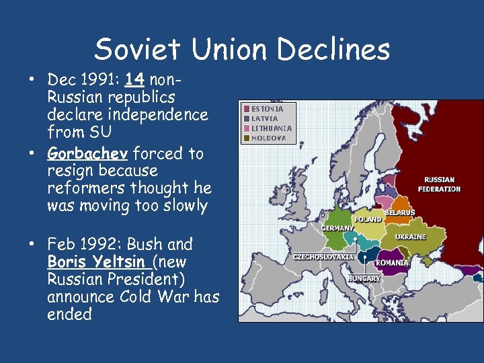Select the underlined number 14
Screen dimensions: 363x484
coord(134,80)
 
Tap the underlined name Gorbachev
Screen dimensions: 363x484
coord(88,153)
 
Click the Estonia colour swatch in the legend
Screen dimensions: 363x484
coord(247,108)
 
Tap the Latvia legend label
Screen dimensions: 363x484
coord(264,118)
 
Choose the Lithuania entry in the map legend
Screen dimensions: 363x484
coord(272,128)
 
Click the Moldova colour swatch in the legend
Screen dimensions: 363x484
coord(247,138)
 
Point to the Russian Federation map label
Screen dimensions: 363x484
coord(439,184)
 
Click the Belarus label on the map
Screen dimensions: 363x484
coord(399,212)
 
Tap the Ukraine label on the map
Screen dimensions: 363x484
coord(410,237)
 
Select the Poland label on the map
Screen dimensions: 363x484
coord(368,220)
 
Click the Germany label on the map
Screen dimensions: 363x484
coord(337,228)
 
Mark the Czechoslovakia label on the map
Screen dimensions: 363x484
coord(323,257)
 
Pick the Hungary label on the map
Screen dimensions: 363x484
coord(364,278)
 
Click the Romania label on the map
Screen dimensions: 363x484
coord(392,262)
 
